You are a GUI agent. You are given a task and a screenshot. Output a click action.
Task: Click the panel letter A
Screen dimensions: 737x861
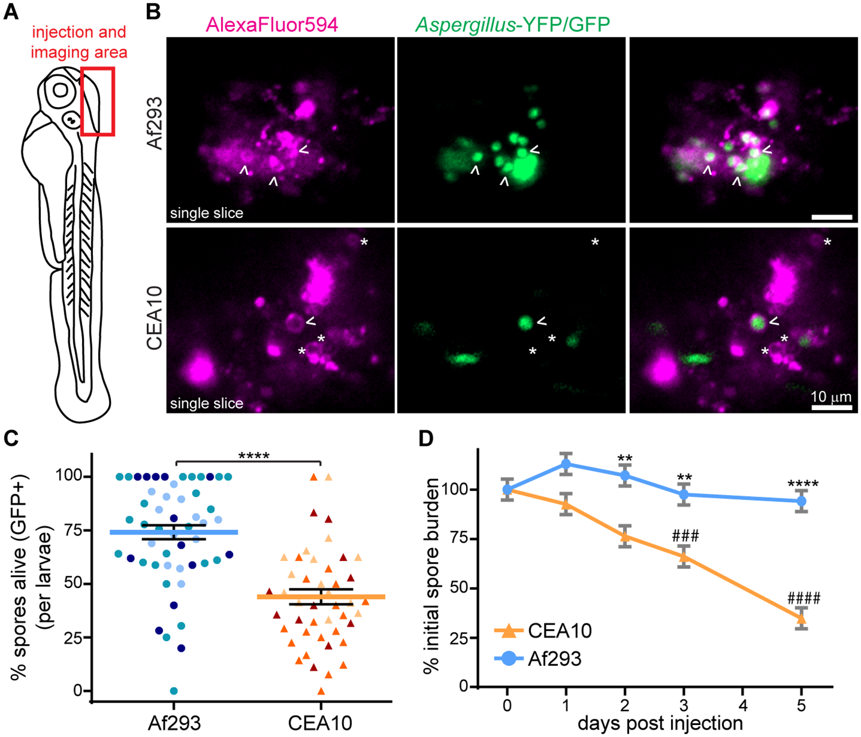click(12, 12)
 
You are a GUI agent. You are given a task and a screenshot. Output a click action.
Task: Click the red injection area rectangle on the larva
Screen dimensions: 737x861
click(98, 102)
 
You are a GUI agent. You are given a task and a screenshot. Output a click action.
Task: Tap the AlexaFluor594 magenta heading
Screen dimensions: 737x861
click(272, 24)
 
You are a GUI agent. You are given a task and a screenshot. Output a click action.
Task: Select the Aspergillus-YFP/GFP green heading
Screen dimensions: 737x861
click(512, 24)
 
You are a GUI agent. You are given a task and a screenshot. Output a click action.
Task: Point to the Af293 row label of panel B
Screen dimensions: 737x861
click(155, 124)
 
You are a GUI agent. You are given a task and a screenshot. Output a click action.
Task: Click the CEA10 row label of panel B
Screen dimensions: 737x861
click(155, 319)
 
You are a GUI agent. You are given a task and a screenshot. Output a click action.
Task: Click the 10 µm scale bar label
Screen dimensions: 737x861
click(831, 397)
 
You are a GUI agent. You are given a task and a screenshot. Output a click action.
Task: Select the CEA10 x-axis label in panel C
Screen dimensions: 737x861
click(320, 723)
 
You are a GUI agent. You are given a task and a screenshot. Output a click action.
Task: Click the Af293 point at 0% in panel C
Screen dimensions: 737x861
click(174, 691)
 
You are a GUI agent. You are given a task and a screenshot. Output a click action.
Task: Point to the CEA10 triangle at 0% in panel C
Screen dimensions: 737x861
click(321, 691)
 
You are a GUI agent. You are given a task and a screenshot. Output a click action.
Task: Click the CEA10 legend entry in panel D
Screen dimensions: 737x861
click(560, 631)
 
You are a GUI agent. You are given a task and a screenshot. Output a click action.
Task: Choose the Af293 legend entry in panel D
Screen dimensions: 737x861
click(554, 658)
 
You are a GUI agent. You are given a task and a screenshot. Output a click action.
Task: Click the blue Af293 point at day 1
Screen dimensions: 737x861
click(566, 464)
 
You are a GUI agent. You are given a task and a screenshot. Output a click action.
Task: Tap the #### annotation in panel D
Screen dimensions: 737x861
click(804, 598)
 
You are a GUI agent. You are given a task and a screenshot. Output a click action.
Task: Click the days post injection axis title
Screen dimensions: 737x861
click(660, 723)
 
